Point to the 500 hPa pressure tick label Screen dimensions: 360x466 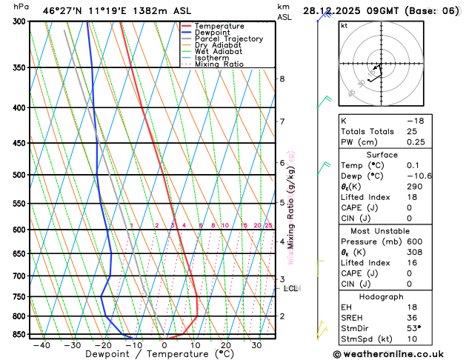pos(19,176)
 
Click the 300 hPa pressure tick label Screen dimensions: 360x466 pos(19,21)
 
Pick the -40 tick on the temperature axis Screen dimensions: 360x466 pos(41,345)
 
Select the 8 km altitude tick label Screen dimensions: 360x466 pos(282,79)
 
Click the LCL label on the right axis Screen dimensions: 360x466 pos(291,288)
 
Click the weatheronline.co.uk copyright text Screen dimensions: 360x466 pos(395,353)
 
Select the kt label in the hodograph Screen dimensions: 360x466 pos(344,25)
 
